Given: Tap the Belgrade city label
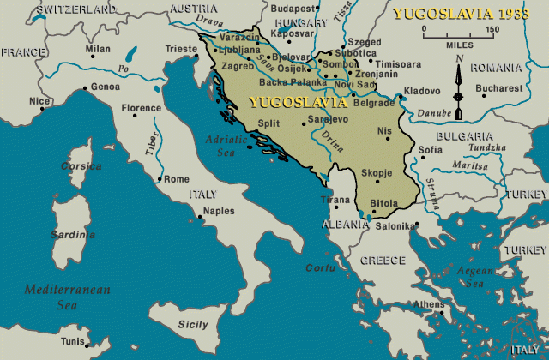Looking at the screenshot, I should coord(375,103).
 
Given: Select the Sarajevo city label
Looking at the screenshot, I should coord(328,119).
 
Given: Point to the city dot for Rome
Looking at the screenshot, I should coord(160,180).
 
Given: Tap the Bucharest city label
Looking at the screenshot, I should coord(498,88).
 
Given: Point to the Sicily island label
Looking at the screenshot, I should coord(192,324).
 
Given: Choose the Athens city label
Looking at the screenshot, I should coord(429,304).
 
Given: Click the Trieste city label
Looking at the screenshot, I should coord(181,49).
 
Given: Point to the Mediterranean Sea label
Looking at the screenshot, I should coord(67,297).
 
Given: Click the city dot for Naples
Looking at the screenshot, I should coord(199,216).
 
